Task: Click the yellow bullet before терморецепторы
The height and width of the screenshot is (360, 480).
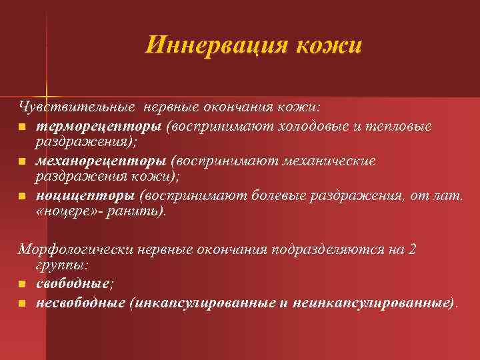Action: (x=22, y=127)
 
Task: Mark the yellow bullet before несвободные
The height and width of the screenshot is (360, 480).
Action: (x=22, y=303)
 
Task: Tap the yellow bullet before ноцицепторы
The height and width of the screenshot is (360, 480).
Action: (x=22, y=196)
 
